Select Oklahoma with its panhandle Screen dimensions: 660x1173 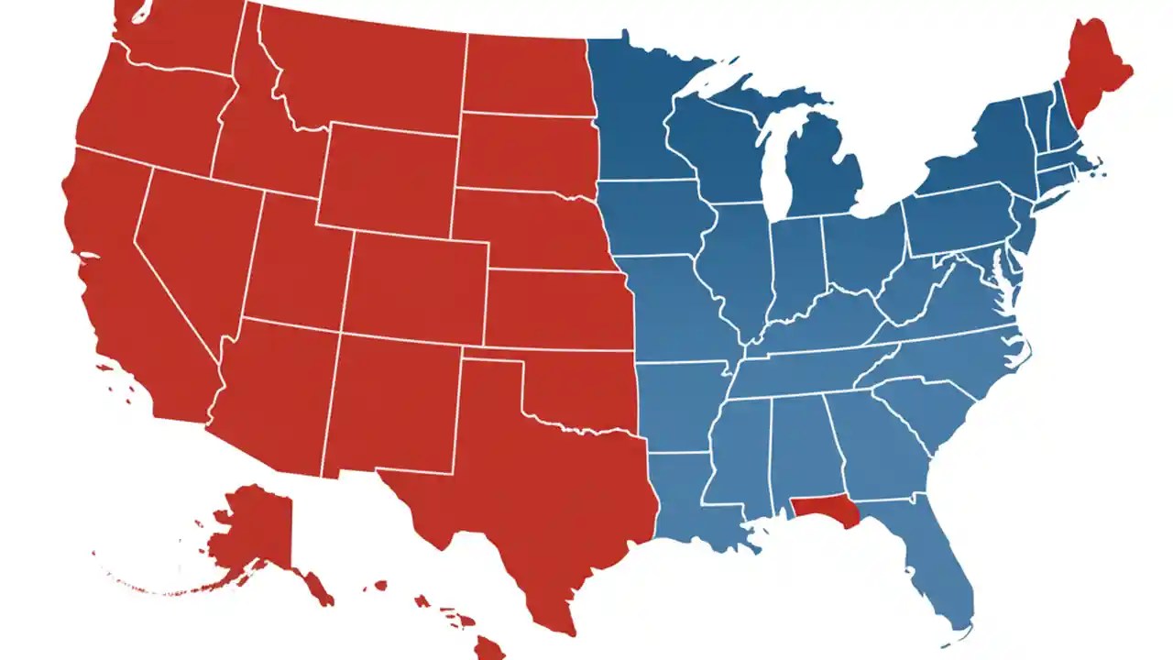(x=577, y=385)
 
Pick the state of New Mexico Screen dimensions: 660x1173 (x=394, y=403)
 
